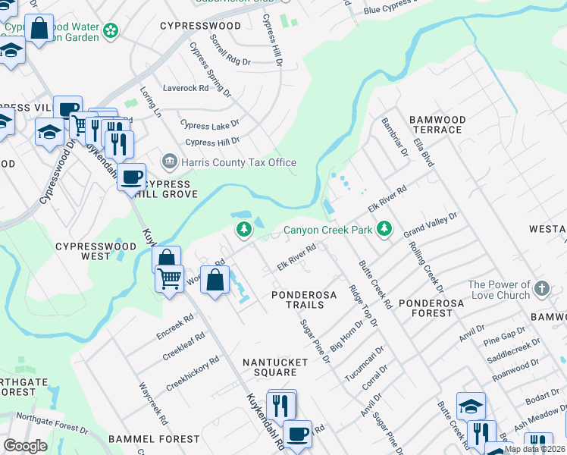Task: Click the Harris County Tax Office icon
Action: click(169, 162)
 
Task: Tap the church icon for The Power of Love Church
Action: click(541, 288)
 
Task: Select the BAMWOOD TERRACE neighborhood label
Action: click(436, 124)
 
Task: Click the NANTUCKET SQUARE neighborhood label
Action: click(274, 367)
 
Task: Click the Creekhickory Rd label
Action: click(193, 373)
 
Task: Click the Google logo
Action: click(25, 446)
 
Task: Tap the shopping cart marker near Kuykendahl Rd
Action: click(169, 278)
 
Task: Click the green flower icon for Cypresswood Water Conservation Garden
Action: click(111, 30)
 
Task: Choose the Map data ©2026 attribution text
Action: click(534, 449)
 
